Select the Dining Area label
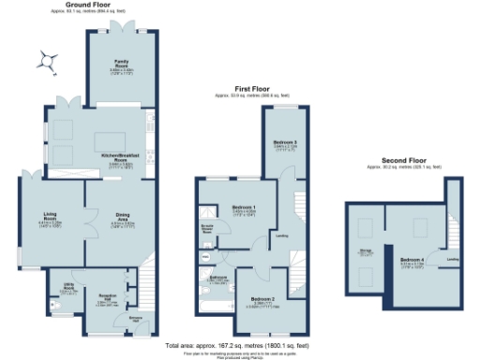[x=123, y=215]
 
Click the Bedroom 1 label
[x=243, y=206]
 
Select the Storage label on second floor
[x=364, y=252]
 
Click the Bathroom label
[x=218, y=277]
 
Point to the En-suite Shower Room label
[x=208, y=227]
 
